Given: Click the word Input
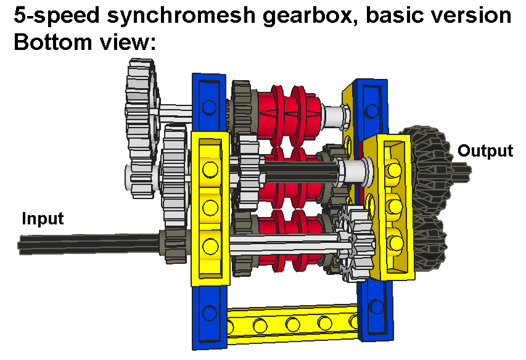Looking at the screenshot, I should [x=43, y=219].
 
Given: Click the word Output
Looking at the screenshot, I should [x=485, y=151].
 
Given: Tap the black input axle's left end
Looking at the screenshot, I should [x=23, y=245].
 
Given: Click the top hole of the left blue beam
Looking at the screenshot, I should [x=209, y=108].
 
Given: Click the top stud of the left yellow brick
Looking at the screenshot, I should [x=210, y=168].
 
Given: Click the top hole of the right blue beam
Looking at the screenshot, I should [x=371, y=110].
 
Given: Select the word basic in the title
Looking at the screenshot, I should [x=394, y=16].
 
